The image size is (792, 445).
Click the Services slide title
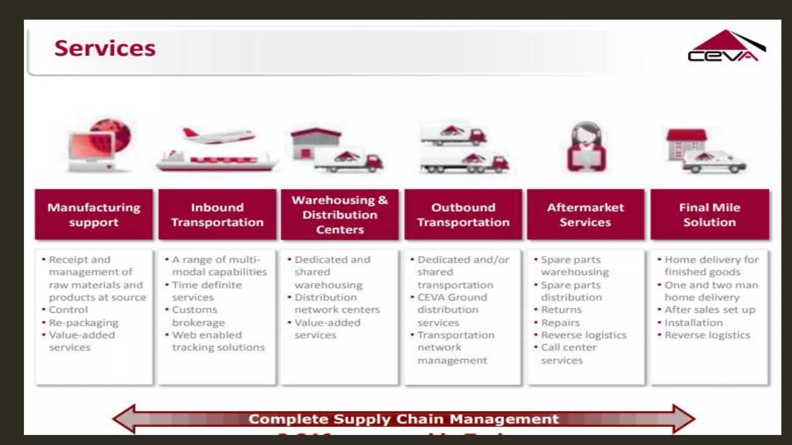(x=105, y=48)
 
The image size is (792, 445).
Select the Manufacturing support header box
(x=94, y=215)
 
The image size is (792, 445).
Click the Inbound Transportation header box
(x=217, y=215)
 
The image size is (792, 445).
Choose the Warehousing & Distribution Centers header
(x=340, y=215)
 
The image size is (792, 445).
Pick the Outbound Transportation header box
(x=463, y=215)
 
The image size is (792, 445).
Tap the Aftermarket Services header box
(x=585, y=215)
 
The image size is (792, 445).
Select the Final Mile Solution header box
(x=710, y=215)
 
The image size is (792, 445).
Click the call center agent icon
(x=586, y=147)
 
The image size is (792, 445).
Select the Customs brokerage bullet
(x=198, y=316)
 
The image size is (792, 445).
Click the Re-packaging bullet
(x=84, y=323)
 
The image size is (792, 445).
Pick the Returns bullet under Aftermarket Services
(x=561, y=310)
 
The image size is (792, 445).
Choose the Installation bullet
(x=693, y=323)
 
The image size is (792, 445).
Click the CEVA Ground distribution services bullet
(x=452, y=310)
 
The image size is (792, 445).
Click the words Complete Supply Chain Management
(x=403, y=419)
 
